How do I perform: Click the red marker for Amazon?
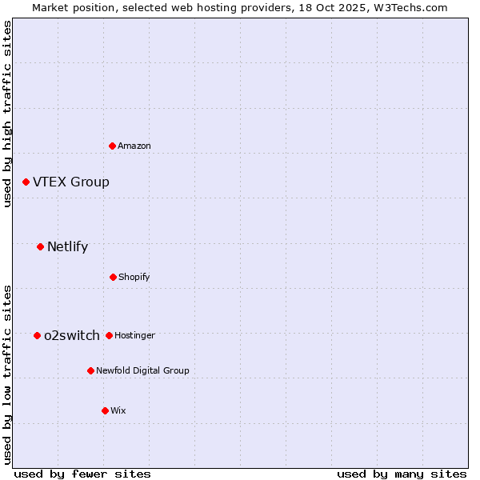click(112, 146)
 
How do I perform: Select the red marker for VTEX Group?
click(26, 182)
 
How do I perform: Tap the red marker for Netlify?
click(40, 246)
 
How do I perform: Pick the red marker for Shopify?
click(113, 277)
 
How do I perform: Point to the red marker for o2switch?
click(37, 335)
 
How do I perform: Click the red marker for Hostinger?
click(109, 335)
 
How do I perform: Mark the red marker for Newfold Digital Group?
click(90, 370)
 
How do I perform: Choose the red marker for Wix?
click(105, 410)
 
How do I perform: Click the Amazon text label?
click(134, 146)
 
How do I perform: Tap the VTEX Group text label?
click(71, 182)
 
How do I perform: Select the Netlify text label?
click(67, 246)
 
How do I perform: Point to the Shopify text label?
click(134, 277)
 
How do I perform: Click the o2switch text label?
click(72, 335)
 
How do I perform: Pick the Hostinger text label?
click(134, 335)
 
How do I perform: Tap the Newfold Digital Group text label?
click(142, 370)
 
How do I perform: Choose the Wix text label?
click(118, 410)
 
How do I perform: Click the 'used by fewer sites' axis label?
click(82, 474)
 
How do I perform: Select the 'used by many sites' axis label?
click(402, 474)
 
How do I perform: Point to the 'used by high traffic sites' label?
click(7, 114)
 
